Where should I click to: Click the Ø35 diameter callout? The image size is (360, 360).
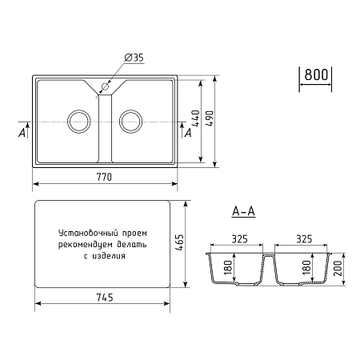tap(134, 58)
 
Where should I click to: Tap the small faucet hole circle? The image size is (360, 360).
tap(105, 86)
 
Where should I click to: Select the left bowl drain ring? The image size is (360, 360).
tap(79, 122)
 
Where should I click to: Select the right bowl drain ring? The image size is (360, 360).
tap(130, 122)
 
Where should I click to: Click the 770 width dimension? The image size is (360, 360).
tap(104, 177)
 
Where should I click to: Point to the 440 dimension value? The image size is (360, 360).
tap(195, 118)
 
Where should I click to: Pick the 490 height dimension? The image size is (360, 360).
tap(210, 118)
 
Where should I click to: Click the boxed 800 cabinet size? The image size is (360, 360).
tap(316, 74)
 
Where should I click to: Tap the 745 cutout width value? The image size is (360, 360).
tap(105, 298)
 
